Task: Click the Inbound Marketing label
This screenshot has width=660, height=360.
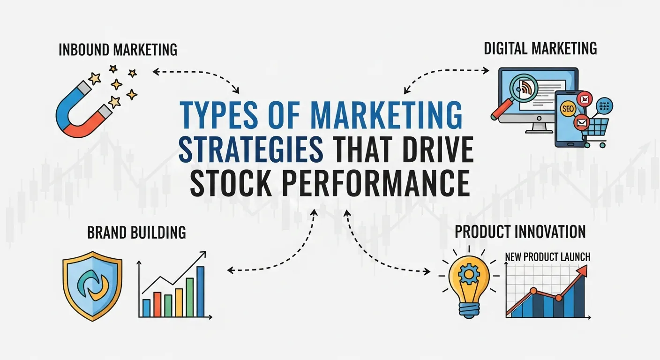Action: tap(118, 50)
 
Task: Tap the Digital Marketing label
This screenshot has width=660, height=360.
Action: tap(540, 48)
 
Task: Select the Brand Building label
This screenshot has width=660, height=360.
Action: tap(136, 232)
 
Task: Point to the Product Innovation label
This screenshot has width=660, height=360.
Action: tap(520, 232)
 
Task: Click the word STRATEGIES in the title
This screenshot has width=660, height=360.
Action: tap(251, 149)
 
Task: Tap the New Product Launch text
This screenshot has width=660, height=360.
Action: tap(547, 256)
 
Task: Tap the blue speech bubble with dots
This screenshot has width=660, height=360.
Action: tap(604, 106)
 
